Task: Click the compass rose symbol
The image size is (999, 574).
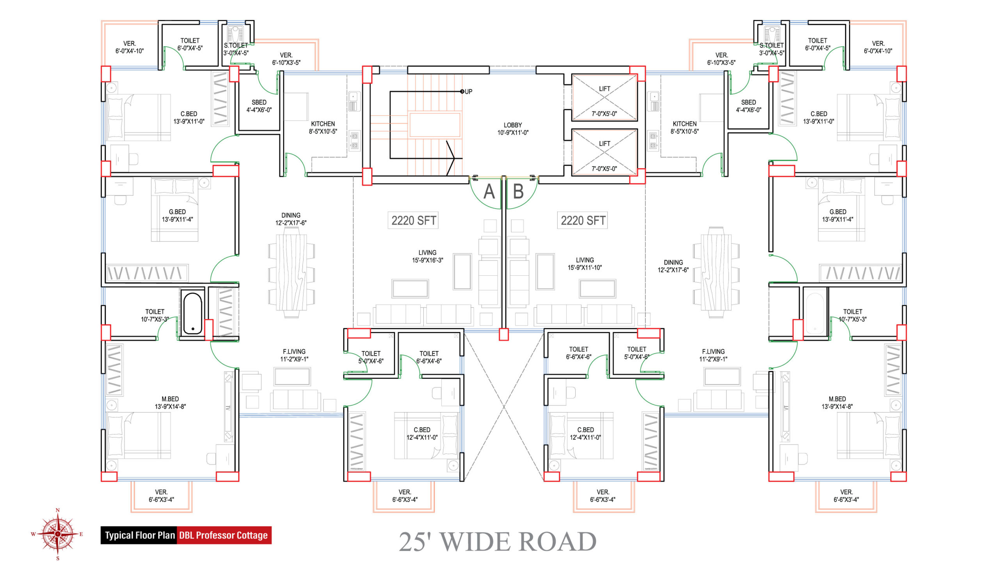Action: pyautogui.click(x=58, y=534)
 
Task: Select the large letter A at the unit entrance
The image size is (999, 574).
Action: pyautogui.click(x=489, y=191)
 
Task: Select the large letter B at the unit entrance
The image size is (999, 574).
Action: pyautogui.click(x=518, y=191)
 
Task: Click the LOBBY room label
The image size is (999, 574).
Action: pyautogui.click(x=513, y=125)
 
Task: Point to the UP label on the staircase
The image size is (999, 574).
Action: pyautogui.click(x=469, y=92)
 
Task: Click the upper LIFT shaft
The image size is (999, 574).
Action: pyautogui.click(x=604, y=98)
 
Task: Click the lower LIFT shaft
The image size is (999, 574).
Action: pyautogui.click(x=604, y=152)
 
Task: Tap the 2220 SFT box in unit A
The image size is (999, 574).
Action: pyautogui.click(x=413, y=220)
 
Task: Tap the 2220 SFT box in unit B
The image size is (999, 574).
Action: pyautogui.click(x=583, y=220)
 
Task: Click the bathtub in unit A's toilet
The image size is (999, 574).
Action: pyautogui.click(x=192, y=314)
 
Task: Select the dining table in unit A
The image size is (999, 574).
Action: pyautogui.click(x=292, y=274)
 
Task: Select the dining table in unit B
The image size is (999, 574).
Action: pyautogui.click(x=716, y=272)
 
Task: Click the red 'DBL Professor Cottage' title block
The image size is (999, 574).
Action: pyautogui.click(x=224, y=535)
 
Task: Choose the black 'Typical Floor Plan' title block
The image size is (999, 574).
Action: pyautogui.click(x=139, y=535)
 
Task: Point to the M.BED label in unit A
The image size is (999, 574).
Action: pyautogui.click(x=170, y=399)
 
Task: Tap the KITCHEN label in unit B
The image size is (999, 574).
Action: pyautogui.click(x=685, y=124)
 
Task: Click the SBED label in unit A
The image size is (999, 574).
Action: pyautogui.click(x=259, y=102)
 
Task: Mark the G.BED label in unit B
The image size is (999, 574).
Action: pyautogui.click(x=838, y=212)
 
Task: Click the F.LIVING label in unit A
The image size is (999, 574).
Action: pyautogui.click(x=294, y=352)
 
